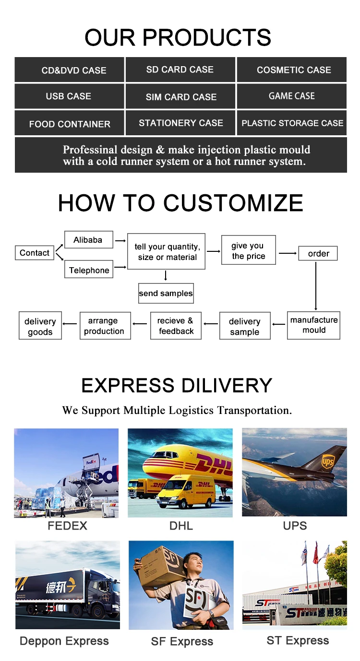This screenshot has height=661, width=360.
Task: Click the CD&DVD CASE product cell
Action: (70, 70)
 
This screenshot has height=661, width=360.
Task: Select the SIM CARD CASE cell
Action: (180, 96)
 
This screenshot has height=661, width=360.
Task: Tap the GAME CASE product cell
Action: (291, 96)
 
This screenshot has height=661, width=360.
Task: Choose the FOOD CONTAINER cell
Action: (70, 124)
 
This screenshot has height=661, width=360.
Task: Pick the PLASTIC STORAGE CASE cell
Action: (292, 123)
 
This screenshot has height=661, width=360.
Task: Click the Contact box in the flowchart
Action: (35, 253)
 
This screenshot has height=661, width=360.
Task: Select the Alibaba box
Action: (88, 240)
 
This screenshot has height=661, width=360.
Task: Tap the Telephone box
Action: (89, 270)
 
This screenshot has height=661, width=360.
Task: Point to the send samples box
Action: (166, 293)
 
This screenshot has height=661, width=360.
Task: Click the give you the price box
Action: (248, 250)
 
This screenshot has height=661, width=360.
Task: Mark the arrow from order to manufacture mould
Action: (316, 285)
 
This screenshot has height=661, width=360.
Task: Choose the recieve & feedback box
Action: (176, 326)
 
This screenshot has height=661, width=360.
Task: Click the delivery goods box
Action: (40, 326)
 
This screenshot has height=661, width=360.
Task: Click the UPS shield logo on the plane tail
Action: (327, 462)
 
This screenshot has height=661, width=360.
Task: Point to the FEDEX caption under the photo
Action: (67, 526)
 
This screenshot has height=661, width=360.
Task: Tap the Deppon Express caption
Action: (64, 641)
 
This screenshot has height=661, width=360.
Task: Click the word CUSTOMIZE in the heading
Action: (233, 203)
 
